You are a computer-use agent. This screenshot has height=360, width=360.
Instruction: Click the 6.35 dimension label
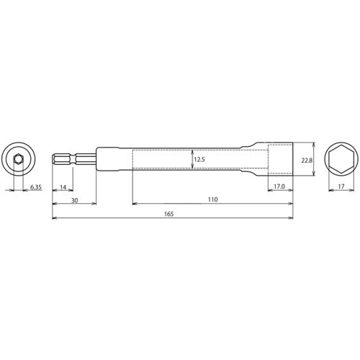point(35,187)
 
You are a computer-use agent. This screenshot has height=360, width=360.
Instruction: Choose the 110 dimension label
point(212,199)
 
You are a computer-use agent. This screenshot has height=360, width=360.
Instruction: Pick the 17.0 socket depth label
point(280,187)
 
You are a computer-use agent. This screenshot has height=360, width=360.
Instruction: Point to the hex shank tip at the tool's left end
point(58,159)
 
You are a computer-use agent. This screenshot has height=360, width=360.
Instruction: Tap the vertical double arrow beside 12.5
point(191,159)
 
